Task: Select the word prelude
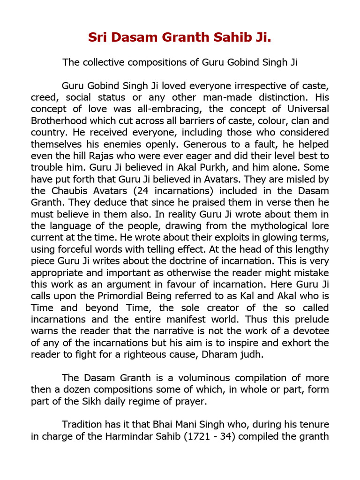311,320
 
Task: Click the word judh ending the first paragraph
253,355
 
